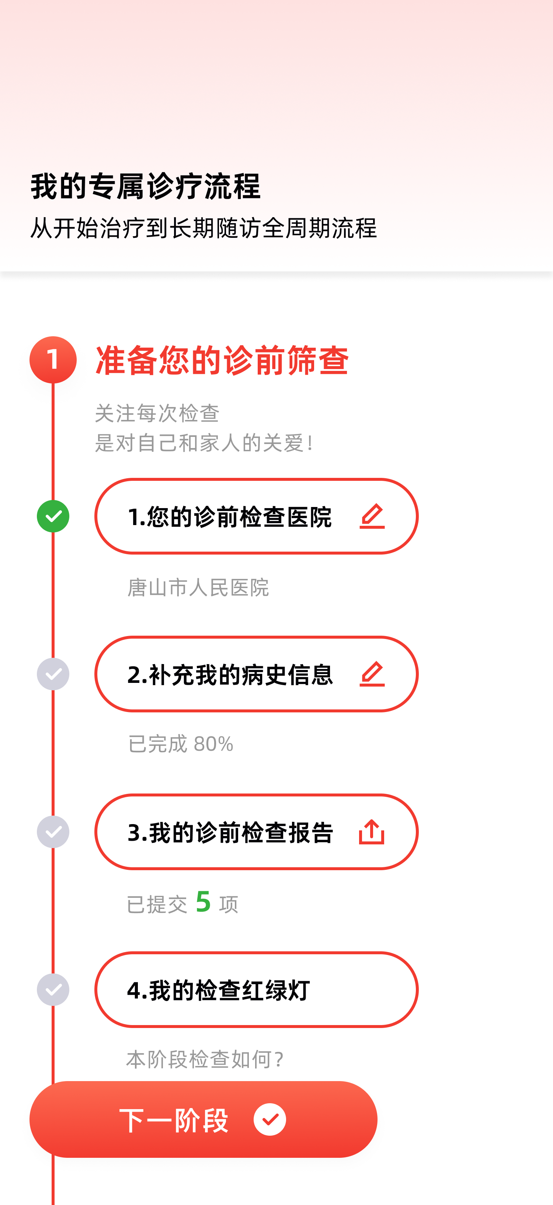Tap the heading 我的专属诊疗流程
click(145, 186)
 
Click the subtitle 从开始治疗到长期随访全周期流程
click(203, 228)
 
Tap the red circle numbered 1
click(53, 359)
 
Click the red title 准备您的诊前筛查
click(222, 360)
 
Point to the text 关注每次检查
click(157, 413)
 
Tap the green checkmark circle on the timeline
click(53, 516)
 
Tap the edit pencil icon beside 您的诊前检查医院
click(372, 516)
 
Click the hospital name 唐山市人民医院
click(198, 587)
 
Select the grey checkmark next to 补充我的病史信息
click(53, 674)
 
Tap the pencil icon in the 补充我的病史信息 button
click(372, 674)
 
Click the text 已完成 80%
click(181, 744)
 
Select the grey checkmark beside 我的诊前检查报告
click(53, 832)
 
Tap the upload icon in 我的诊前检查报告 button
click(372, 832)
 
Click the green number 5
click(204, 902)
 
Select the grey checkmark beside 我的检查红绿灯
click(53, 989)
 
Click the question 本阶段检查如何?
click(205, 1059)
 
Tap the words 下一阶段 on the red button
click(174, 1120)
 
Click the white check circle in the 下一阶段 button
click(270, 1119)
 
